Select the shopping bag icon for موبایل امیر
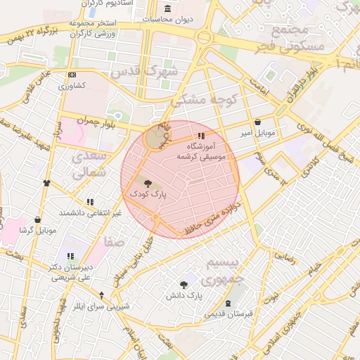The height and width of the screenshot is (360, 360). (x=257, y=122)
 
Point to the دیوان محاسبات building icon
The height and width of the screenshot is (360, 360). (x=167, y=8)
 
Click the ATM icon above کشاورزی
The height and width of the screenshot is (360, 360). (x=72, y=75)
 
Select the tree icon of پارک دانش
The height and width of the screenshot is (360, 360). (x=184, y=285)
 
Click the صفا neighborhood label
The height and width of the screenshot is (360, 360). (x=114, y=242)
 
